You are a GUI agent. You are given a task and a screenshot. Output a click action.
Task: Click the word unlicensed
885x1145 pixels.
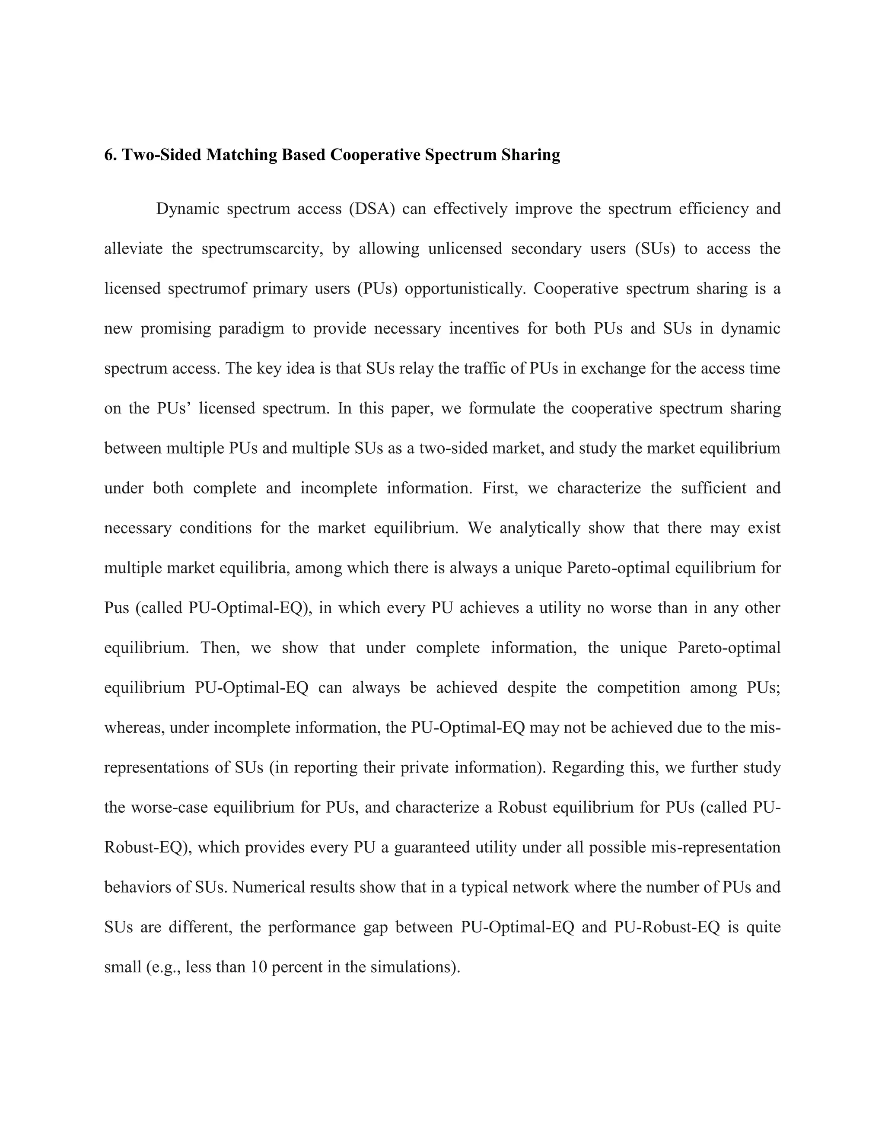pos(465,248)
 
